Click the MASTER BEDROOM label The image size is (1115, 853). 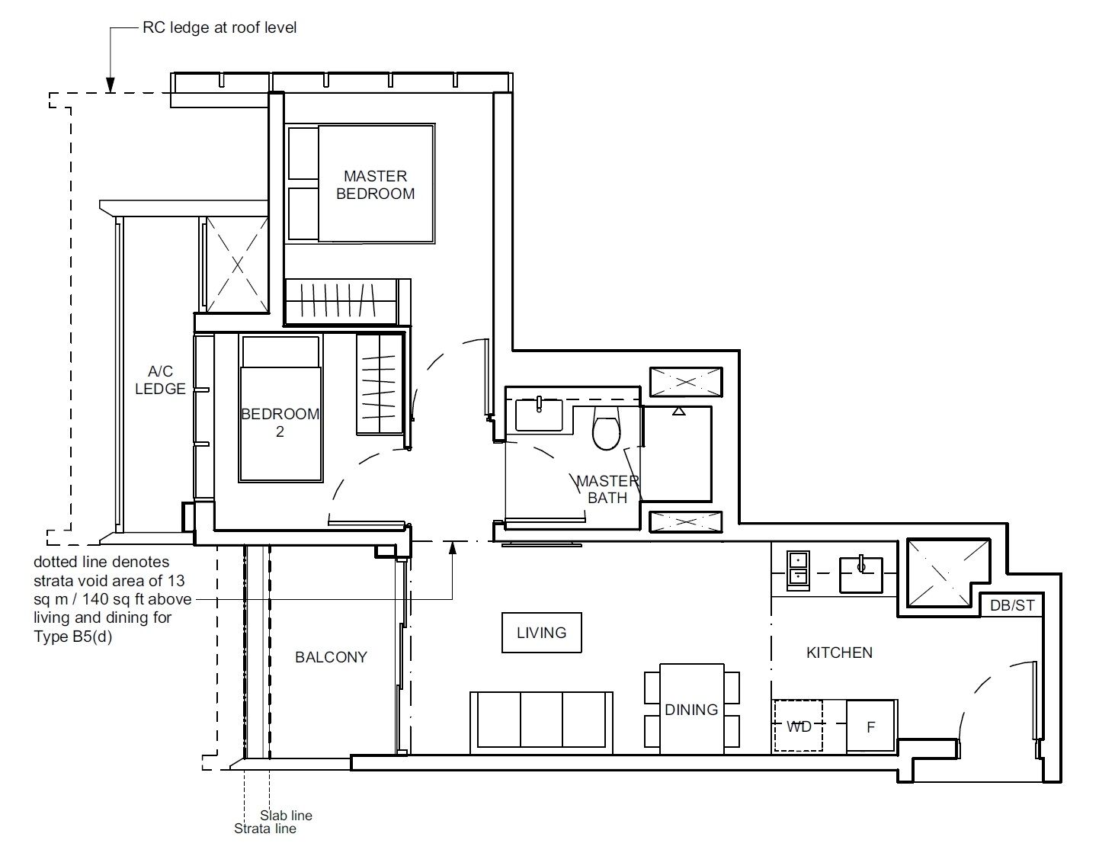click(x=376, y=184)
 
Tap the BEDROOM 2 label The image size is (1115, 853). click(x=280, y=422)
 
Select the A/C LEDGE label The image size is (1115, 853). click(x=160, y=380)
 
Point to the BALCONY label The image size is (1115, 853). click(x=332, y=657)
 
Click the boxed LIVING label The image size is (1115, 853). click(x=542, y=632)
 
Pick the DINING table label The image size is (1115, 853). click(x=691, y=709)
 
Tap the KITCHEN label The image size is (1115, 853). click(x=839, y=653)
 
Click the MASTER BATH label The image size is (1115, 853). click(x=607, y=489)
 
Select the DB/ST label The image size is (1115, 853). click(x=1012, y=605)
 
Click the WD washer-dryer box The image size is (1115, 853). click(x=798, y=726)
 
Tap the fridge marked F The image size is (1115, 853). click(x=870, y=726)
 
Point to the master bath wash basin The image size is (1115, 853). click(x=539, y=415)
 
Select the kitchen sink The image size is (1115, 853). click(x=861, y=575)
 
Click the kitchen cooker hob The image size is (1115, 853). click(x=798, y=570)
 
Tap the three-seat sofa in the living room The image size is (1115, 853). click(x=542, y=722)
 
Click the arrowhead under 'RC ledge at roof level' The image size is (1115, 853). click(x=111, y=85)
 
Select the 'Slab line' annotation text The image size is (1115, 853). click(x=286, y=816)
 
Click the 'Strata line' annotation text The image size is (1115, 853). click(x=264, y=829)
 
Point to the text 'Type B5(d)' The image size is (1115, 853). click(x=72, y=637)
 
